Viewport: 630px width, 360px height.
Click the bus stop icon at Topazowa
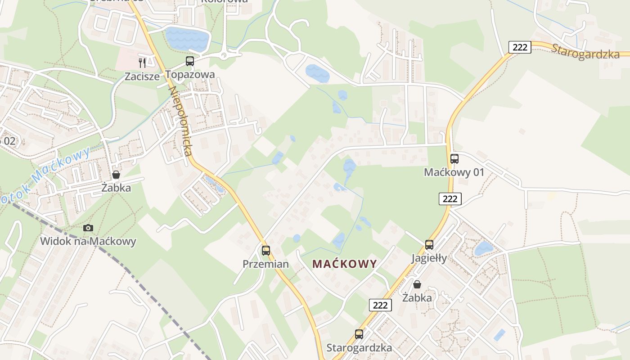pyautogui.click(x=190, y=61)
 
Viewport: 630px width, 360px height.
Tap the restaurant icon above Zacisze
pyautogui.click(x=142, y=63)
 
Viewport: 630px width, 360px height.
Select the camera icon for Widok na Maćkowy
pyautogui.click(x=88, y=228)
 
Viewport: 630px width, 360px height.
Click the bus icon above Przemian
pyautogui.click(x=266, y=251)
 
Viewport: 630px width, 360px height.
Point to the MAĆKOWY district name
pyautogui.click(x=345, y=264)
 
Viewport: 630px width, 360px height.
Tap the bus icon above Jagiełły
pyautogui.click(x=429, y=245)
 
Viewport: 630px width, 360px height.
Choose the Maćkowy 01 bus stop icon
pyautogui.click(x=454, y=159)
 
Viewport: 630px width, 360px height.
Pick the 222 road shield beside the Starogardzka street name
pyautogui.click(x=520, y=47)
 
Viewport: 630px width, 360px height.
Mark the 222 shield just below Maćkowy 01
pyautogui.click(x=450, y=198)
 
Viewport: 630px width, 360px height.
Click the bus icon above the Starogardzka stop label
pyautogui.click(x=359, y=334)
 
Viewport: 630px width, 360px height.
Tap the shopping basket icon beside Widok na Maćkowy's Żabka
pyautogui.click(x=116, y=175)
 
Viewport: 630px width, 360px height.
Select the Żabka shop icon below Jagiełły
pyautogui.click(x=417, y=284)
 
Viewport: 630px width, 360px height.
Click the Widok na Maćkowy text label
pyautogui.click(x=88, y=241)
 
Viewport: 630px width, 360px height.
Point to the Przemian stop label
pyautogui.click(x=265, y=264)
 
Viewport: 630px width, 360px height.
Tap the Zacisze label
pyautogui.click(x=142, y=76)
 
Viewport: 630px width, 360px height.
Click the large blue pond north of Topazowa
pyautogui.click(x=187, y=39)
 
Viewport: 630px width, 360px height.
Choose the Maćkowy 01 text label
pyautogui.click(x=454, y=172)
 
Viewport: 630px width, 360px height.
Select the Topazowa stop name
pyautogui.click(x=190, y=74)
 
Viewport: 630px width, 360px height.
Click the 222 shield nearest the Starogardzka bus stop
pyautogui.click(x=380, y=305)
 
